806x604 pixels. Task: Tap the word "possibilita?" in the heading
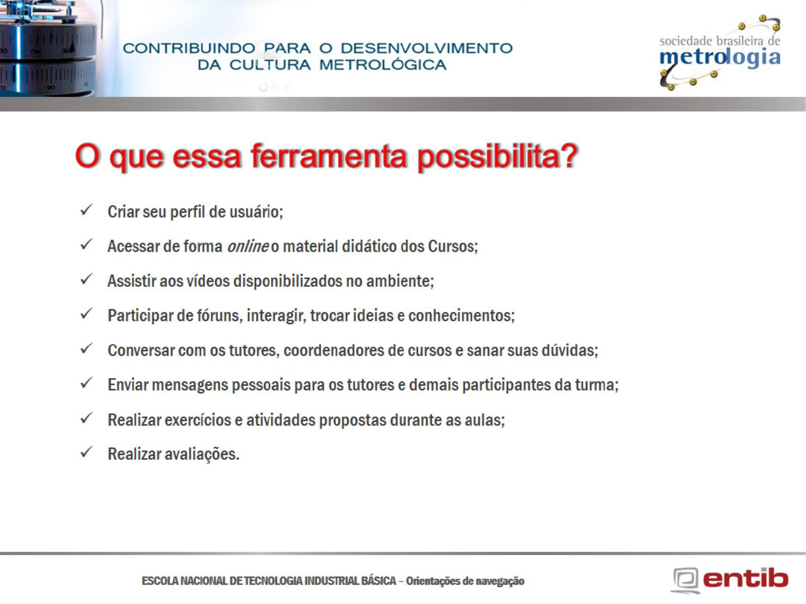(497, 158)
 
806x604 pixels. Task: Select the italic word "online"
(248, 246)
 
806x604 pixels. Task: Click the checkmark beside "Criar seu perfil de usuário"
(86, 211)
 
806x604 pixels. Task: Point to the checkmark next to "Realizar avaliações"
(86, 452)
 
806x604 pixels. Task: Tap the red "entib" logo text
(746, 578)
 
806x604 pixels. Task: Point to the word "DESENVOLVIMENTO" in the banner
(427, 48)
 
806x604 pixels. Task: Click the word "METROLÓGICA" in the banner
(383, 65)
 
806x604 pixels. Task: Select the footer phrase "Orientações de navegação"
(465, 581)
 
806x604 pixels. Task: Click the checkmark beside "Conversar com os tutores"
(86, 349)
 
